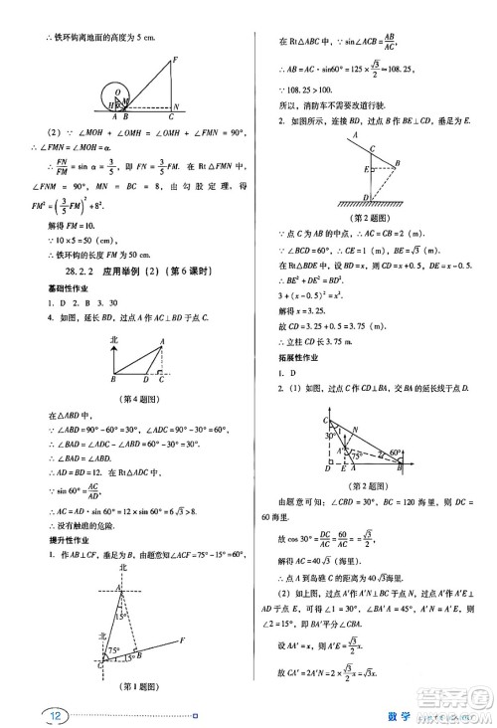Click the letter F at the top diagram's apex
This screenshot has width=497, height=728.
click(175, 59)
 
